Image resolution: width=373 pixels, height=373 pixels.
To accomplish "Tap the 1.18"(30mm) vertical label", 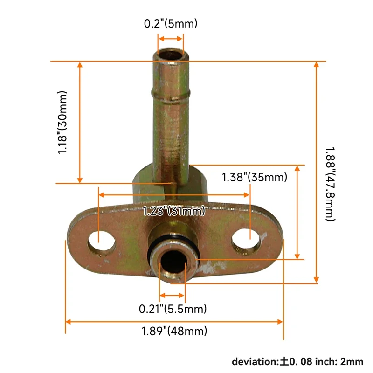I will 63,123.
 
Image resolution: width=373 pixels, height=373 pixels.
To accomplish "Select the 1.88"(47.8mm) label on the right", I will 330,184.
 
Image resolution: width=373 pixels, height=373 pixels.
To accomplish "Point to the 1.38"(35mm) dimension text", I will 254,177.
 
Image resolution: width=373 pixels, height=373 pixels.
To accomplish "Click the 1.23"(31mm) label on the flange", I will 173,211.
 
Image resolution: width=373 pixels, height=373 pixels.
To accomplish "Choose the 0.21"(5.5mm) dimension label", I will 173,308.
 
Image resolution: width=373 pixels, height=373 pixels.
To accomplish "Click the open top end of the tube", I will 171,54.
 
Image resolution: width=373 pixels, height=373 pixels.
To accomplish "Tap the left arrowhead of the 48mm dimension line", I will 69,322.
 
